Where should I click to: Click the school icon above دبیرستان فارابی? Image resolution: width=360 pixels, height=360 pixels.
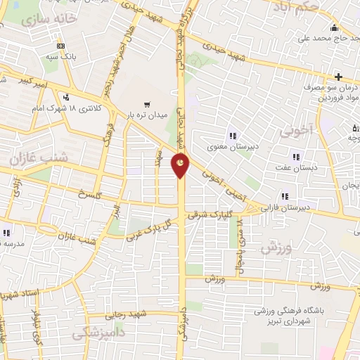(285, 196)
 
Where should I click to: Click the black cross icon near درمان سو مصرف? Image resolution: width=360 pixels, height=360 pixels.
(338, 75)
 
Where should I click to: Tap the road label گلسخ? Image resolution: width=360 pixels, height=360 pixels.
(90, 193)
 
